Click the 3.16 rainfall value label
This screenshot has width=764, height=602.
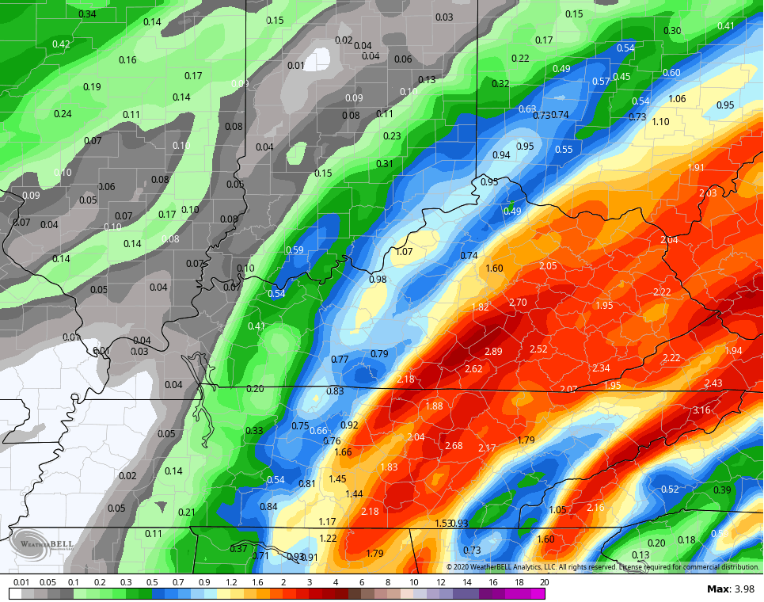701,410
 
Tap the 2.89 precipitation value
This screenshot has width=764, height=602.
493,351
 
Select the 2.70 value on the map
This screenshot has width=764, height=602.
518,303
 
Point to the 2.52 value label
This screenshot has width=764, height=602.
538,349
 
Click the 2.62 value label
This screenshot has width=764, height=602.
473,369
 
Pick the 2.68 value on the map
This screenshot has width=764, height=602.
454,446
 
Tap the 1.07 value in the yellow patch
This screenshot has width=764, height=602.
405,252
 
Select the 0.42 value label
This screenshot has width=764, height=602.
61,44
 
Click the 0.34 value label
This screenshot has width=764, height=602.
88,14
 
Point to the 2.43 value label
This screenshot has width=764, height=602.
713,383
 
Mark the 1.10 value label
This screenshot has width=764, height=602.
660,121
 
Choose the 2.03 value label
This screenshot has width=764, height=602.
708,193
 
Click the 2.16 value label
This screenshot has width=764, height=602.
595,507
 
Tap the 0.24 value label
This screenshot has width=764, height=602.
63,113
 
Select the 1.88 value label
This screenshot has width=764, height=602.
434,406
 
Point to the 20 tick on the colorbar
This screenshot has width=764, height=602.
543,582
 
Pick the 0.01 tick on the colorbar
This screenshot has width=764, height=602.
22,582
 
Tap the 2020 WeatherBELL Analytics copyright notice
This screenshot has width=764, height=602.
602,566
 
